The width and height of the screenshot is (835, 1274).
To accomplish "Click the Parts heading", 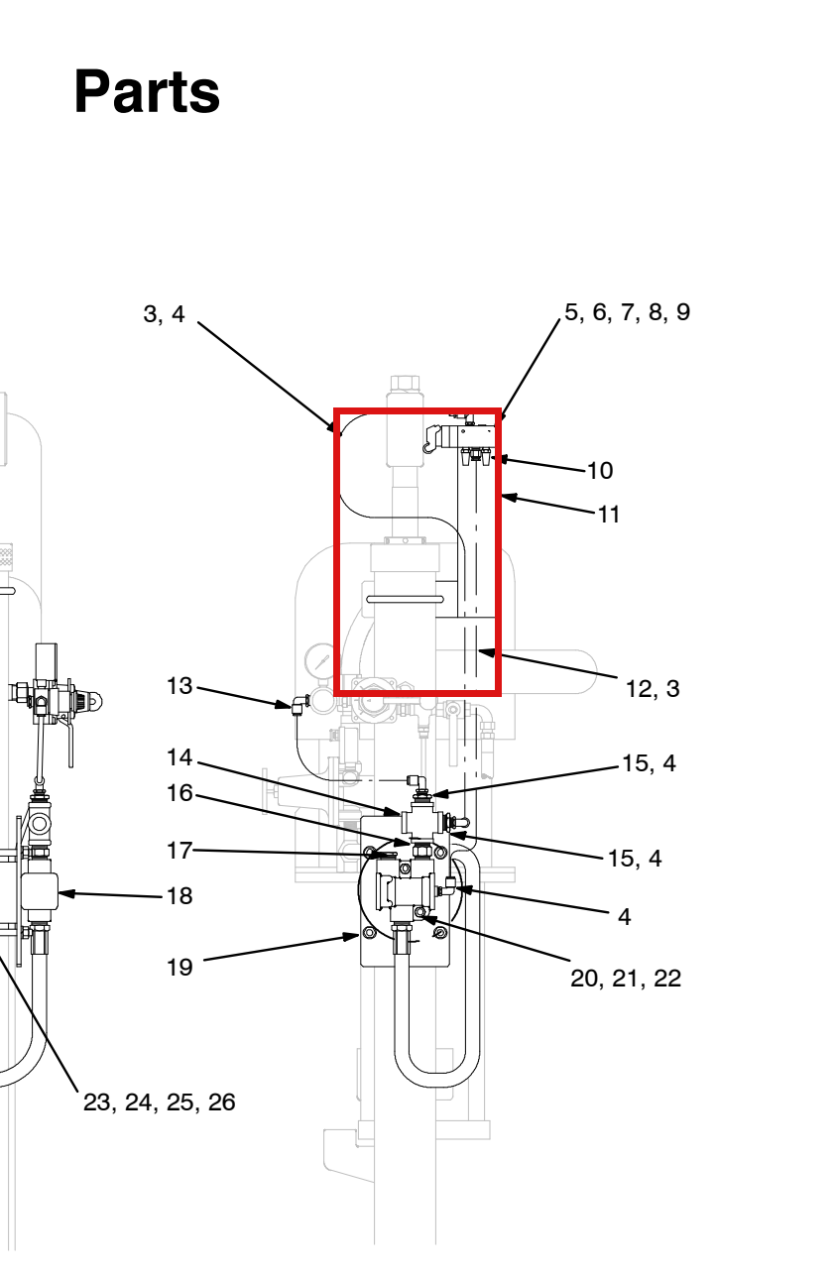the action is point(147,91).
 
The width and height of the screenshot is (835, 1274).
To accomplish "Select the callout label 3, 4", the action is point(164,314).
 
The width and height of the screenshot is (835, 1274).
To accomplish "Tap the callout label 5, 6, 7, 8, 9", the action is point(627,312).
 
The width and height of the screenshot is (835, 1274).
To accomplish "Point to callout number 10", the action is point(600,470).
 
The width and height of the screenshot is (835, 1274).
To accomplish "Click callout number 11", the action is point(609,515).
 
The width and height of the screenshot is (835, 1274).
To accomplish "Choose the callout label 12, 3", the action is point(653,689).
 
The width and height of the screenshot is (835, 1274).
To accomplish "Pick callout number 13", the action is point(179,686).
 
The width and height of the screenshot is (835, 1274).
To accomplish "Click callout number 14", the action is point(179,757).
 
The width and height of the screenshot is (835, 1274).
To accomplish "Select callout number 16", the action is point(179,793).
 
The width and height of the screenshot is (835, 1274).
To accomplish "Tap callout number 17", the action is point(179,851).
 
